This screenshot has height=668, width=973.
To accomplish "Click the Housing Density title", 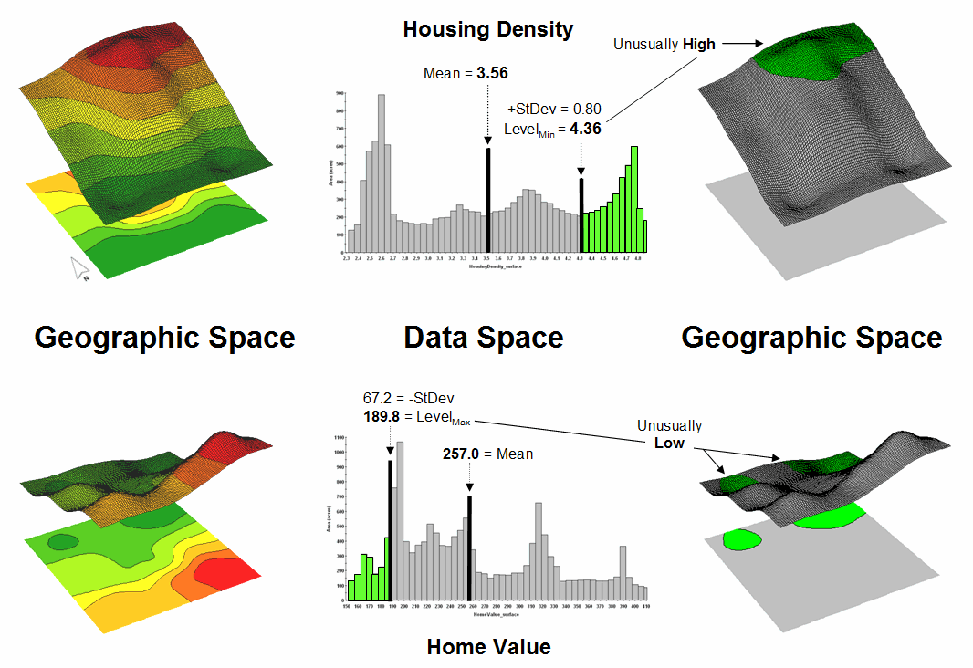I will coord(487,29).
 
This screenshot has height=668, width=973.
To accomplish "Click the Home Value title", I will coord(488,647).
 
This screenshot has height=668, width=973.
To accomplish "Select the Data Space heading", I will coord(484,338).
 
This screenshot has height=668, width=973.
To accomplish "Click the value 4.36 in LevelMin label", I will coord(585,129).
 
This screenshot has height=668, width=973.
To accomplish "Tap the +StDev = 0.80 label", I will coord(554,109).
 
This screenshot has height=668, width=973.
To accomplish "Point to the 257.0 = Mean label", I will coord(487,454).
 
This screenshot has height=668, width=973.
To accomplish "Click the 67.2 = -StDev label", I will coord(409,399).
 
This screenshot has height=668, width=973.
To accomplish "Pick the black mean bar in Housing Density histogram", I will coord(488,201).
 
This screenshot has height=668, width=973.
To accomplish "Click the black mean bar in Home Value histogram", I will coord(470,548).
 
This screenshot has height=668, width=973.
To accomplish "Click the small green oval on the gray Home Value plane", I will coord(742,539).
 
